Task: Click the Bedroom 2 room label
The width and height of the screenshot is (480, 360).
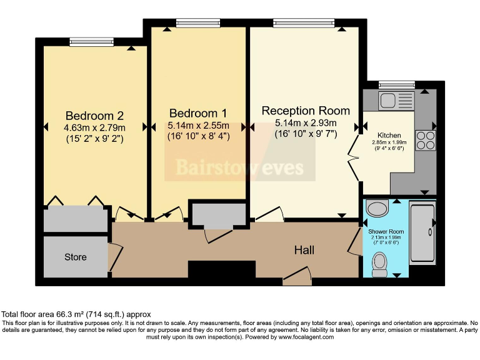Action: [94, 116]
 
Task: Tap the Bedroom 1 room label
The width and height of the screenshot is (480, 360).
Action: [198, 113]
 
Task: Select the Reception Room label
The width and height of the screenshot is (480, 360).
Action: [306, 111]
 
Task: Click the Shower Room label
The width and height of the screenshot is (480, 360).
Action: [386, 231]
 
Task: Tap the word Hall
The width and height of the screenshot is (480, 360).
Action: [304, 250]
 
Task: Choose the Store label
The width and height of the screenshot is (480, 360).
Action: [76, 257]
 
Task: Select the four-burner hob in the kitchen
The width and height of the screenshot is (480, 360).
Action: [425, 139]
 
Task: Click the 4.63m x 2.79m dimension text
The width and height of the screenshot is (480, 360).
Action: [94, 127]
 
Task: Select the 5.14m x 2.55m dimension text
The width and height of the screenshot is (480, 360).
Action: [198, 125]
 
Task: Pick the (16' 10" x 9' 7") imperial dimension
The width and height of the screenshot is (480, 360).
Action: [306, 133]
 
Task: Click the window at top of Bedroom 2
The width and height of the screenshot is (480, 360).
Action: [87, 41]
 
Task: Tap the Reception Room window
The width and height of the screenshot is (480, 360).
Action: [303, 23]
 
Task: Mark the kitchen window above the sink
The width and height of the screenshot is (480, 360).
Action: [396, 84]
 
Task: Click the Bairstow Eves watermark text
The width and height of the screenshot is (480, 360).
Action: [240, 167]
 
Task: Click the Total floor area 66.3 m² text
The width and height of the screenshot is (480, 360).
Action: [76, 314]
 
